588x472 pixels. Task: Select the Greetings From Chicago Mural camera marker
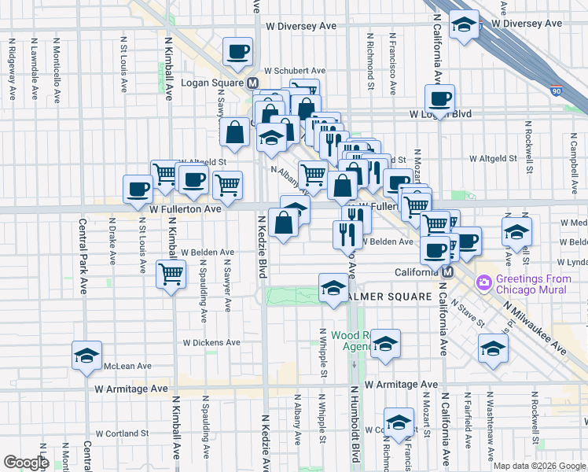pos(483,281)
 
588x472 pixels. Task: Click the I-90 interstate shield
pos(557,91)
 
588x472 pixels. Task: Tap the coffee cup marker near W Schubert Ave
pos(237,53)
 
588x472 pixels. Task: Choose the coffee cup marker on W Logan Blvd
pos(439,99)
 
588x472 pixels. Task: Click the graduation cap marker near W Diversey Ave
pos(465,25)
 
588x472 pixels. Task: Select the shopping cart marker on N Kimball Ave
pos(170,275)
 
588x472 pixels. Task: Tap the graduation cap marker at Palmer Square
pos(333,289)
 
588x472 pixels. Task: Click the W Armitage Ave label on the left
pos(131,389)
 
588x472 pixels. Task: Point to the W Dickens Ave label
pos(211,343)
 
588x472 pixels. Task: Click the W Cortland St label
pos(122,433)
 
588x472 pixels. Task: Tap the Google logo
pos(27,463)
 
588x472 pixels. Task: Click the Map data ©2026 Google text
pos(539,466)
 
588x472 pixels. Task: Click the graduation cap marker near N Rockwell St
pos(493,348)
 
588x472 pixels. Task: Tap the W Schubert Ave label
pos(294,71)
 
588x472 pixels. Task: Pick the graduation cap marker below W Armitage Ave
pos(399,422)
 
